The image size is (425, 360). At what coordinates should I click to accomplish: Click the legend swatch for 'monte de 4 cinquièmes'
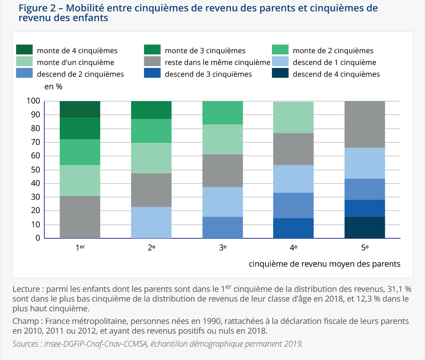(24, 50)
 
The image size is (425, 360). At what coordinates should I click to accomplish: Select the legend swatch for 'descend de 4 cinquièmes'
(280, 73)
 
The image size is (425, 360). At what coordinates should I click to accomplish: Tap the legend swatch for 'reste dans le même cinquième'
(152, 62)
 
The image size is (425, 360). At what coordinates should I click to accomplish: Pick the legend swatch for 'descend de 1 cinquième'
(280, 62)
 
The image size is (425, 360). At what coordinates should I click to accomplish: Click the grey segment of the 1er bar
(80, 217)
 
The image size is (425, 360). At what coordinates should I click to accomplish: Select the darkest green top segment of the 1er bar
(80, 109)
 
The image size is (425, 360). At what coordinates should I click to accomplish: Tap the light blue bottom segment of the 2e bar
(151, 222)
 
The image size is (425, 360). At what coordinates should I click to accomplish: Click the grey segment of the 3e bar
(222, 170)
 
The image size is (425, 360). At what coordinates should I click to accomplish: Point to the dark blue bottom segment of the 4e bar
(293, 228)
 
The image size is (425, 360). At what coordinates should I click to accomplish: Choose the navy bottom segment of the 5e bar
(365, 227)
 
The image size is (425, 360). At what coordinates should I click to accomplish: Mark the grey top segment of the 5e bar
(365, 124)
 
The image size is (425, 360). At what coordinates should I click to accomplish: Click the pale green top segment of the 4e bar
(293, 117)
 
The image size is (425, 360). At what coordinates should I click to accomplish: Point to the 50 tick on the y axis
(36, 170)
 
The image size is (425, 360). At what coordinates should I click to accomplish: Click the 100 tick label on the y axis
(34, 101)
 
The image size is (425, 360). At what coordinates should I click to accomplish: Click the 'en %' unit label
(53, 86)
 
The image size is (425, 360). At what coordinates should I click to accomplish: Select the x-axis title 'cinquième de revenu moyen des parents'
(324, 264)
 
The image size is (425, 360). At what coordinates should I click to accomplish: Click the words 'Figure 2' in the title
(35, 8)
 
